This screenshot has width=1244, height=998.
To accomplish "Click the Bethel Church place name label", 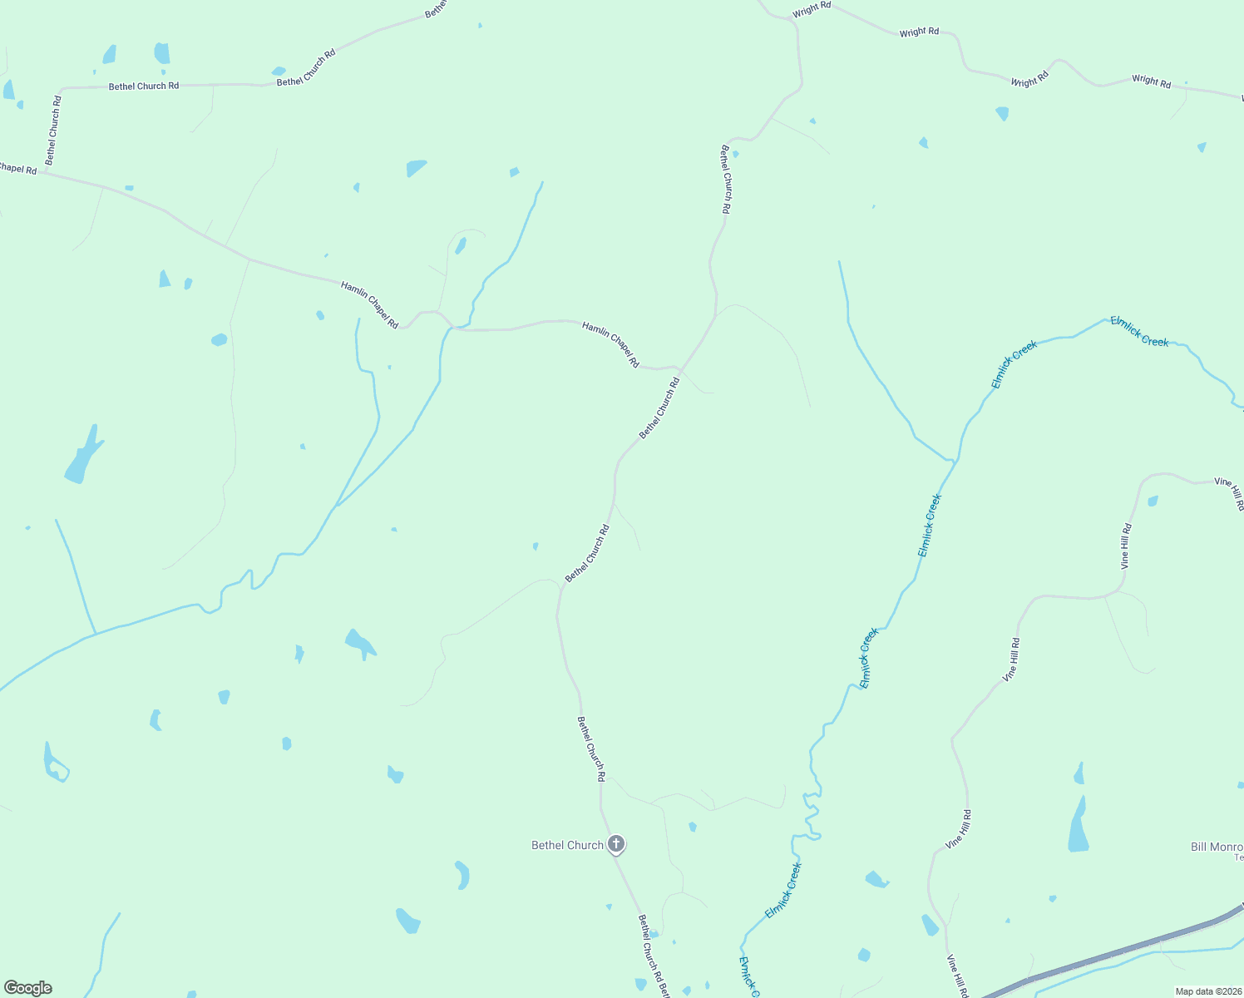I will click(567, 845).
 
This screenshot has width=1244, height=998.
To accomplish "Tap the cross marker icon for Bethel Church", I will click(615, 844).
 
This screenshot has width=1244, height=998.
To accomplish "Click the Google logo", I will click(27, 988).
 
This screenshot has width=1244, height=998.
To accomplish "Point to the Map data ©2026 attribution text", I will click(1207, 991).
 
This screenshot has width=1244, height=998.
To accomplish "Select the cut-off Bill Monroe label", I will click(1217, 847).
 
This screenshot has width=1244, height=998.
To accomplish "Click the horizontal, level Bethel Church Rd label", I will click(143, 86).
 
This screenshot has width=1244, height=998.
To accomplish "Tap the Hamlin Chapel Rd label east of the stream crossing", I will click(610, 344).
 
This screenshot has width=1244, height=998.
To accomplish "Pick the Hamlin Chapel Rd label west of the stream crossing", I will click(369, 304).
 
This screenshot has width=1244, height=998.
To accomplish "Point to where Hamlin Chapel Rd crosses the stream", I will click(451, 329).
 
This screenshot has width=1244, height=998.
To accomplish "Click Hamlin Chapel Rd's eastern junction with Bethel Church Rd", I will click(680, 368).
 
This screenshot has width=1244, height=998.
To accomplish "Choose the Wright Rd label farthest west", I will click(812, 9).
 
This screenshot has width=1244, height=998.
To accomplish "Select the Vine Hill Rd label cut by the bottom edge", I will click(958, 976).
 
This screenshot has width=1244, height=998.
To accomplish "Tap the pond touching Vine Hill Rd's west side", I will click(930, 925).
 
